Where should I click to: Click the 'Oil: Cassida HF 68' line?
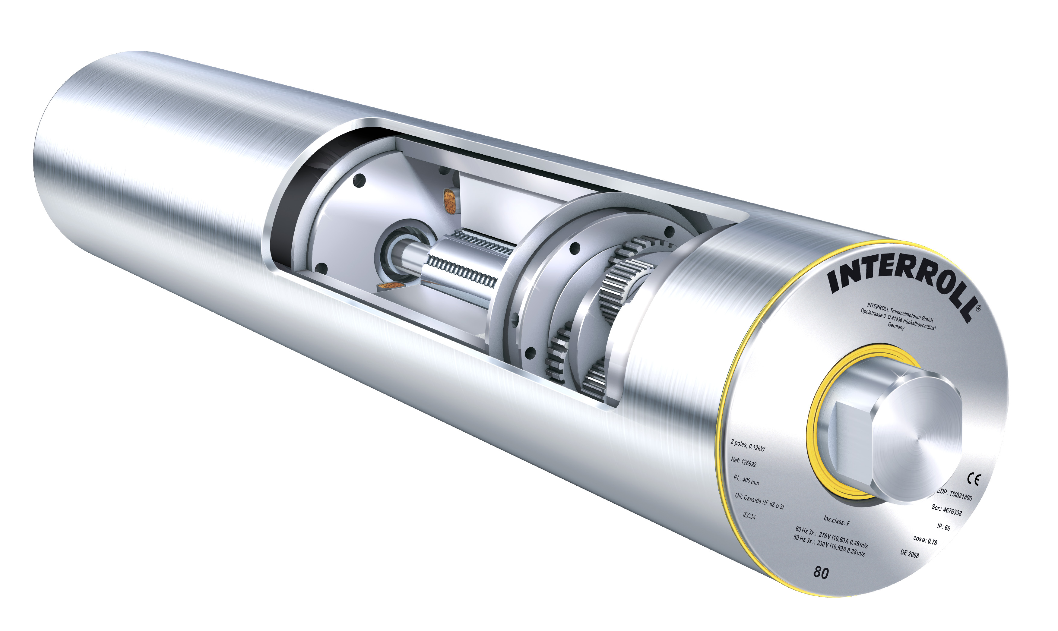(759, 501)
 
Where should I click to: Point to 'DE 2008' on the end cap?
(910, 554)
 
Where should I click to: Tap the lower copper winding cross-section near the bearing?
(390, 286)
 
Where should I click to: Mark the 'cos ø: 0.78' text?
(925, 540)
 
